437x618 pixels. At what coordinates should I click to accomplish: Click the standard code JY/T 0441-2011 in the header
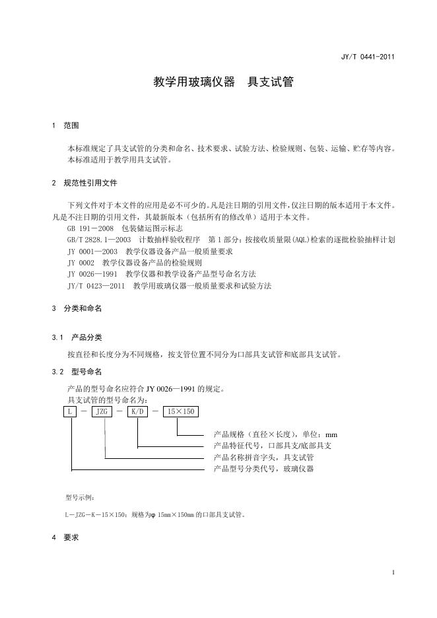tap(368, 57)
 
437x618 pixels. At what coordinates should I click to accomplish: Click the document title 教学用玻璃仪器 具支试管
tap(223, 83)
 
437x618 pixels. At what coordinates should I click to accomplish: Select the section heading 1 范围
tap(65, 125)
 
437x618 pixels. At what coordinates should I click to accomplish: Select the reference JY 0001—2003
tap(92, 252)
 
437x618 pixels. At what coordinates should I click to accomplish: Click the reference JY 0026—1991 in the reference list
tap(92, 274)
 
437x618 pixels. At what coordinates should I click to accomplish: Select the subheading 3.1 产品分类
tap(77, 337)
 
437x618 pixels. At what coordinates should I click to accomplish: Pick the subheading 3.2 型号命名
tap(77, 372)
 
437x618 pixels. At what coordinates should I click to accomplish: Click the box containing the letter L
tap(69, 412)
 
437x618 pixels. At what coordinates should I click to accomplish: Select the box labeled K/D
tap(137, 412)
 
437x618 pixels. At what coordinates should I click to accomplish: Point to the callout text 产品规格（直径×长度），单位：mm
tap(275, 434)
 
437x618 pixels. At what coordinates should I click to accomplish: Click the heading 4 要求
tap(65, 537)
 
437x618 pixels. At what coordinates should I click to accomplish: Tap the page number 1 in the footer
tap(393, 572)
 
